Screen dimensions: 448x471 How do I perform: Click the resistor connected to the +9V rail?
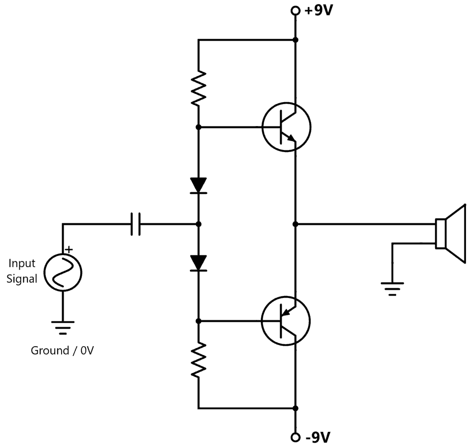click(199, 88)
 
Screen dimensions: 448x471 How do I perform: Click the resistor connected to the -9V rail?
click(199, 361)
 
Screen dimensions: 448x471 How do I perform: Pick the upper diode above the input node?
click(199, 186)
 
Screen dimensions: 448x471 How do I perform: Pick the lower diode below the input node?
click(199, 263)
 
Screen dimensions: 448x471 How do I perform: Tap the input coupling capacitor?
click(135, 224)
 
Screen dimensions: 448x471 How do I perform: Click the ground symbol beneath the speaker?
click(392, 288)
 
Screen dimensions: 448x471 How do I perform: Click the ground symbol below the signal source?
click(63, 326)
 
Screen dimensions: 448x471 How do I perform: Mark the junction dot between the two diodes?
click(199, 224)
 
